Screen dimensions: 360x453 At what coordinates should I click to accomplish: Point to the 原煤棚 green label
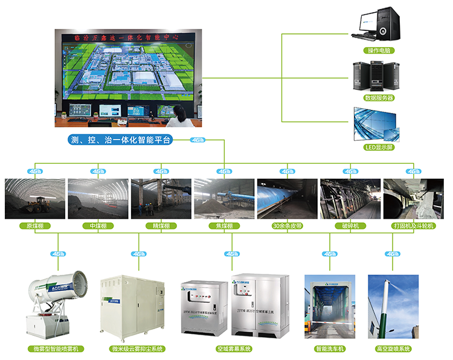coord(34,226)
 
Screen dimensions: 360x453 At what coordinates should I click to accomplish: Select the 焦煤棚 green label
coord(223,226)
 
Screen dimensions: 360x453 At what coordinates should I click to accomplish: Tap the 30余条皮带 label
coord(287,226)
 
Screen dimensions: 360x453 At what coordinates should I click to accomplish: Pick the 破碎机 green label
coord(350,226)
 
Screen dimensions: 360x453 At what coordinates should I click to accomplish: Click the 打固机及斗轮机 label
coord(414,226)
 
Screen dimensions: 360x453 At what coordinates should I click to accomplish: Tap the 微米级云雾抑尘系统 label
coord(138,349)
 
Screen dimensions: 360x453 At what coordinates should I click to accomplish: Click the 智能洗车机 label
coord(329,349)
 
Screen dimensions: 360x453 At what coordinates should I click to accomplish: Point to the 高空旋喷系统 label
coord(393,349)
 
